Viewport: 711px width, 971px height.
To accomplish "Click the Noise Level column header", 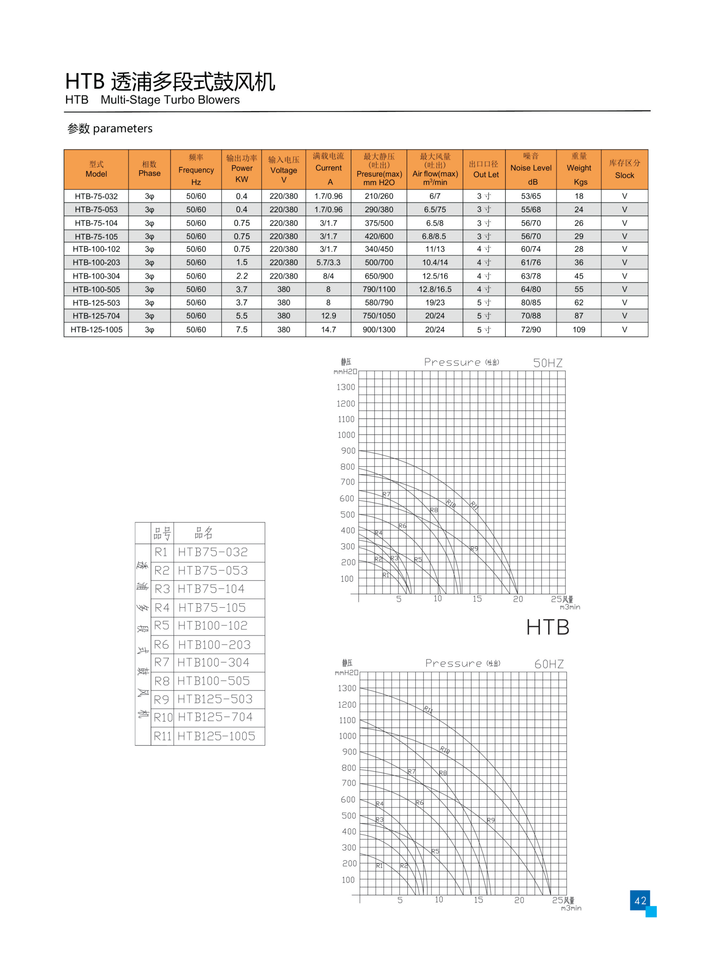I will [531, 168].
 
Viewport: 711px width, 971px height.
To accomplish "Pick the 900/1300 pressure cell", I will [379, 330].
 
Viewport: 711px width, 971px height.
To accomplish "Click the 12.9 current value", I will [328, 316].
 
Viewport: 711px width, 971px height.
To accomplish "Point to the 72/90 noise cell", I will [531, 330].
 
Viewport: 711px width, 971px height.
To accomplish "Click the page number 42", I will [640, 900].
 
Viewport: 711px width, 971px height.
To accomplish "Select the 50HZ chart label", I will [548, 363].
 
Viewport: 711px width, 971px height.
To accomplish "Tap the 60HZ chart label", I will [549, 664].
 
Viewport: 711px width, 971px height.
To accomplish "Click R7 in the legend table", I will [162, 662].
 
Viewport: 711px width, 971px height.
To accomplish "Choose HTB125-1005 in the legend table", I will [216, 736].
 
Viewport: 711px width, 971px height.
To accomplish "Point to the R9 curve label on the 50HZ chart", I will [474, 549].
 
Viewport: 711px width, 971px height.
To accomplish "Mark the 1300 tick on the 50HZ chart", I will [346, 387].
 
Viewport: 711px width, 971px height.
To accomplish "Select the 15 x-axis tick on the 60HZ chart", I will [478, 900].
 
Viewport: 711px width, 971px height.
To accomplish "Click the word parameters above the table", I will [122, 128].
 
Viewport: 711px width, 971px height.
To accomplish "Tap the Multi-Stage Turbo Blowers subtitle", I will [170, 100].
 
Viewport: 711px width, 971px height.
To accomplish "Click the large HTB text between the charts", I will [548, 627].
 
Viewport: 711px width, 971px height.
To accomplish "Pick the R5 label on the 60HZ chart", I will [435, 851].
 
